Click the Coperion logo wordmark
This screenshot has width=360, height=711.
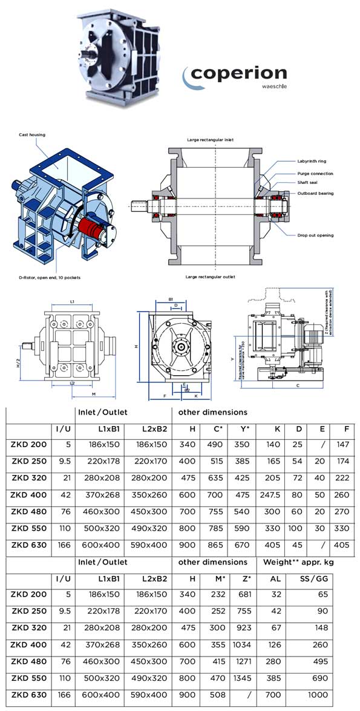coord(239,74)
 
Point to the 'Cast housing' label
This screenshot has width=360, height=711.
coord(32,135)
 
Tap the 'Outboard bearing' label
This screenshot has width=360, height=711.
coord(315,193)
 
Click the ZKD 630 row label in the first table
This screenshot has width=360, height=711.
coord(28,545)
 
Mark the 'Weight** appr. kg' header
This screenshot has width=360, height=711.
coord(298,562)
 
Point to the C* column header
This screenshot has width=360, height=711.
coord(220,429)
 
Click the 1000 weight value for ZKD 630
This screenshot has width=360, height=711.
coord(324,695)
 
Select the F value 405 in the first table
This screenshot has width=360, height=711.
coord(341,545)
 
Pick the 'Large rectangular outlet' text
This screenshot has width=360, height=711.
coord(211,276)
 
